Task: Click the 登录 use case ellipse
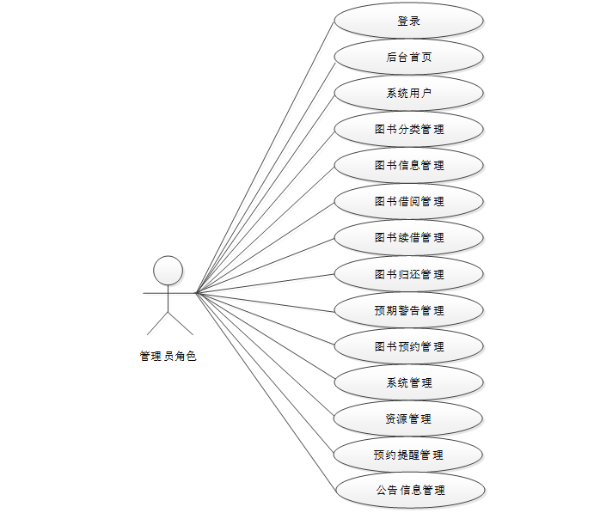[408, 21]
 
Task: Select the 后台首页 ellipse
[408, 58]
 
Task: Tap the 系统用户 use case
[408, 94]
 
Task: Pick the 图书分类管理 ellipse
[408, 130]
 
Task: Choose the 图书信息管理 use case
[408, 166]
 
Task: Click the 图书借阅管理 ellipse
[408, 202]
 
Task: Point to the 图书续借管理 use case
[408, 238]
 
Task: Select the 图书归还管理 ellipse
[408, 275]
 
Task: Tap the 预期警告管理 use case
[408, 311]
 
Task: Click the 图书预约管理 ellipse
[408, 347]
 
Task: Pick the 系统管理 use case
[408, 383]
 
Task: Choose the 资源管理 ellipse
[408, 419]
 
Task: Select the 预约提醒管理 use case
[408, 455]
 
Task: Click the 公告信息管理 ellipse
[408, 491]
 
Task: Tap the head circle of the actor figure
[168, 271]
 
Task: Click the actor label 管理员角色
[168, 356]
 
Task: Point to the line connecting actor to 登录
[265, 157]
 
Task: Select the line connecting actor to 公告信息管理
[265, 392]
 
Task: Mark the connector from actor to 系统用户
[265, 193]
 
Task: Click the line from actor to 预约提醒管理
[265, 374]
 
